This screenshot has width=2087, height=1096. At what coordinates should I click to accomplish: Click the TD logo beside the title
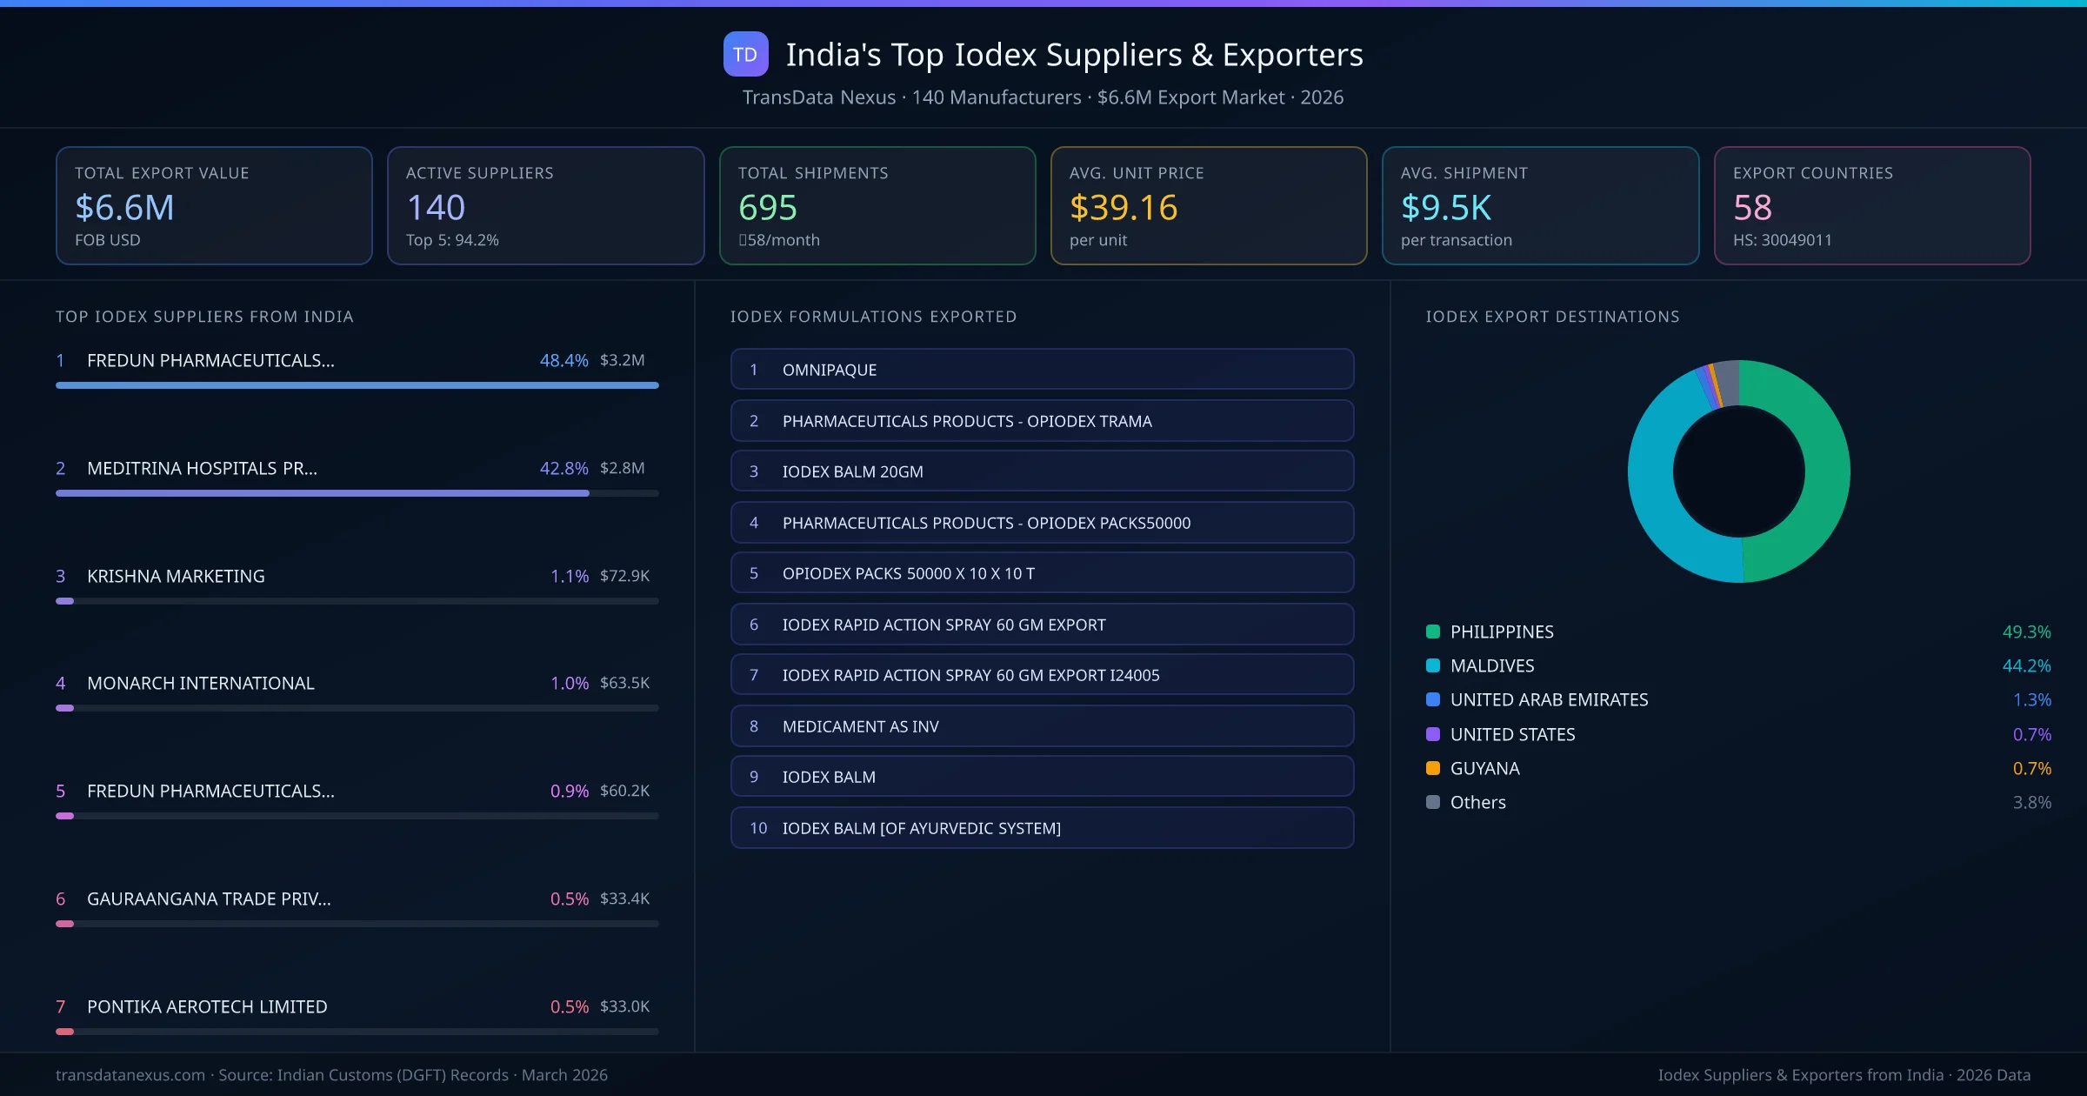[x=745, y=55]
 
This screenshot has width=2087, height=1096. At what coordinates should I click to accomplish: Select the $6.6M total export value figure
[x=124, y=208]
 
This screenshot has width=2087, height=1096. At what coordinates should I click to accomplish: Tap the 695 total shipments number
[x=767, y=208]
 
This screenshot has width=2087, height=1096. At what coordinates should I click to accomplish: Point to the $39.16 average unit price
[x=1123, y=208]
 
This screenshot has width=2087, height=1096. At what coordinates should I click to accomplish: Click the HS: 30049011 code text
[x=1782, y=240]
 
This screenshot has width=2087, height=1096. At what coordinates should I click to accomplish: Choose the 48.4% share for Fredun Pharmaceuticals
[x=563, y=360]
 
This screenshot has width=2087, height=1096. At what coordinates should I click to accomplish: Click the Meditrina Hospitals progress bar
[x=322, y=493]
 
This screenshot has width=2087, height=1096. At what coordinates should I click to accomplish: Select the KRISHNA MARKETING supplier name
[x=176, y=576]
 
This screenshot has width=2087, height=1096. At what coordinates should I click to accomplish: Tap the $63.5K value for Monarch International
[x=624, y=683]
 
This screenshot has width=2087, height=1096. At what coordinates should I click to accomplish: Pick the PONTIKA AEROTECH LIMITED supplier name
[x=207, y=1006]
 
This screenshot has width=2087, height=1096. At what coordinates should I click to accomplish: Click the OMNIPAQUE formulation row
[x=1042, y=370]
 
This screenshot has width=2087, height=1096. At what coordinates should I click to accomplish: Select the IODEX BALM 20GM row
[x=1042, y=471]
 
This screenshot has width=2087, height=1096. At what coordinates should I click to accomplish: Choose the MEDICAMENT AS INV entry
[x=1042, y=726]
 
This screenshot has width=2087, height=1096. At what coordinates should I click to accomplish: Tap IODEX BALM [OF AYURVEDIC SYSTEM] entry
[x=1042, y=828]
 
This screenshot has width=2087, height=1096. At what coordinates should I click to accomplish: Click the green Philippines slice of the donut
[x=1826, y=470]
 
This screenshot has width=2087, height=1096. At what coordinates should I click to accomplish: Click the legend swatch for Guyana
[x=1433, y=768]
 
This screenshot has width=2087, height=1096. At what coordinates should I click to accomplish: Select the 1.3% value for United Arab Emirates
[x=2031, y=700]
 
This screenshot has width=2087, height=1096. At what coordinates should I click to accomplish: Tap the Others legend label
[x=1477, y=803]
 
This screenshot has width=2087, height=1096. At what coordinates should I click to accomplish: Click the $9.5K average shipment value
[x=1445, y=208]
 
